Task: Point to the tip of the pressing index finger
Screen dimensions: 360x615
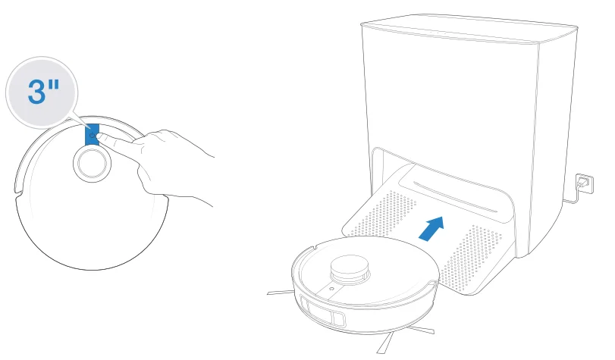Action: [x=101, y=138]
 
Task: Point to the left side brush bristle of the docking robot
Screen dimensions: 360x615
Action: [x=280, y=291]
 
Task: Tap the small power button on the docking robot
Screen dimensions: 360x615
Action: [x=332, y=290]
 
